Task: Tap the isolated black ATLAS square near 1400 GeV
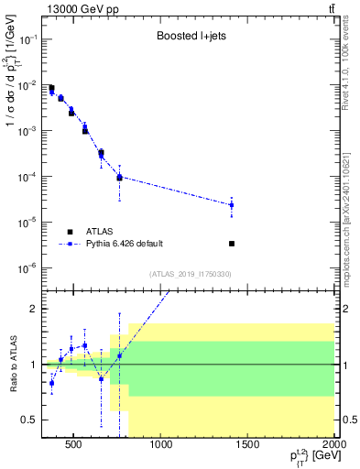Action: point(232,244)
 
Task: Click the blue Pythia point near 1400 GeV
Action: point(232,205)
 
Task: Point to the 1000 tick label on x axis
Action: point(160,446)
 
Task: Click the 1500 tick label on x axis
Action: point(247,446)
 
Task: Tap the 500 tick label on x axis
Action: point(74,446)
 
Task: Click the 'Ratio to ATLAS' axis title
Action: point(12,364)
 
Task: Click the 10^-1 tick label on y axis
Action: point(27,40)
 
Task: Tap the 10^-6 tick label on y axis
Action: point(27,267)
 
